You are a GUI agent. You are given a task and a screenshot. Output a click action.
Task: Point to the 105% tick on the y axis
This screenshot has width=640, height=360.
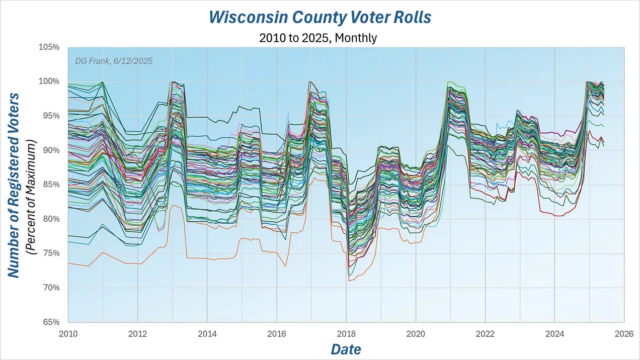(49, 47)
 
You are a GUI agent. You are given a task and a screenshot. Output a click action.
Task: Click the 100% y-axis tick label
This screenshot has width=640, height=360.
(49, 81)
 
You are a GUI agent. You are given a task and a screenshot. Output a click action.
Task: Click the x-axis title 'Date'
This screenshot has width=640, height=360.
(346, 348)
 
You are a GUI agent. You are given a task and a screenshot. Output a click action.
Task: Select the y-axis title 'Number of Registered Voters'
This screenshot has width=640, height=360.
(14, 185)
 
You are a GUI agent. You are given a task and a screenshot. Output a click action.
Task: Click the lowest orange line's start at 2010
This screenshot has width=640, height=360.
(69, 263)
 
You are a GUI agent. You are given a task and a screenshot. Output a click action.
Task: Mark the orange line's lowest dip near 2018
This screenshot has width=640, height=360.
(349, 281)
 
